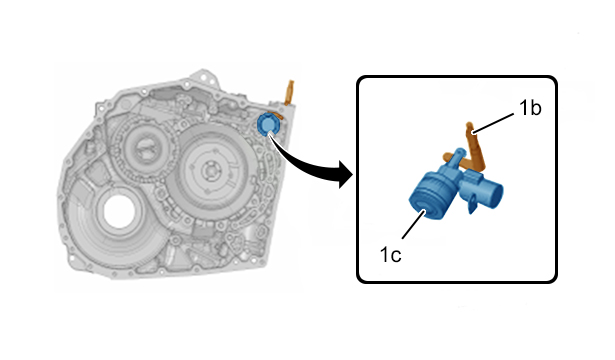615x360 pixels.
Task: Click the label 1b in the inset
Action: coord(530,108)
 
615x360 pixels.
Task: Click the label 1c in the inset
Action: coord(390,255)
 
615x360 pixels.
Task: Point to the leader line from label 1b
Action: coord(493,124)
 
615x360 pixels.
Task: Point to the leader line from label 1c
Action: coord(414,224)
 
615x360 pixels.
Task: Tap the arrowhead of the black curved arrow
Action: coord(346,175)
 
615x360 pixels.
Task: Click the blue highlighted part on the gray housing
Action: coord(268,124)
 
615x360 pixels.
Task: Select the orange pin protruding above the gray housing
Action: coord(289,93)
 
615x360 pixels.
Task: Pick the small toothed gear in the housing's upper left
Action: coord(146,149)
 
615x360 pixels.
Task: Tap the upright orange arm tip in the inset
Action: coord(469,125)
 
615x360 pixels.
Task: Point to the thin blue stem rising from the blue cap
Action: coord(455,160)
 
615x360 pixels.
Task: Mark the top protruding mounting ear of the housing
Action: coord(204,77)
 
